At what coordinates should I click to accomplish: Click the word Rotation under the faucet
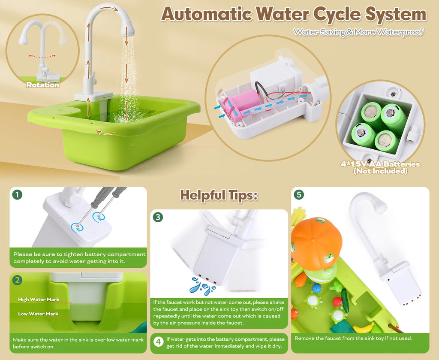[42, 85]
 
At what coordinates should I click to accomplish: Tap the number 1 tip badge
[17, 195]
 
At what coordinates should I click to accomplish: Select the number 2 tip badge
[17, 280]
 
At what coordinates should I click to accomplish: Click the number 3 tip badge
[158, 217]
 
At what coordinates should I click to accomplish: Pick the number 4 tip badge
[159, 342]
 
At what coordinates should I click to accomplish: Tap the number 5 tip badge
[299, 195]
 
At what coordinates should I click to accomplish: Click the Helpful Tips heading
[219, 195]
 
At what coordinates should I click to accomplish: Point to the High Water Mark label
[39, 299]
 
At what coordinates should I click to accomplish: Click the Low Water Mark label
[38, 314]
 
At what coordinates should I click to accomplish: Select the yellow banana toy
[364, 327]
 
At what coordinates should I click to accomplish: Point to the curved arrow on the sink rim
[105, 133]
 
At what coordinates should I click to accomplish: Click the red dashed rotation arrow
[42, 56]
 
